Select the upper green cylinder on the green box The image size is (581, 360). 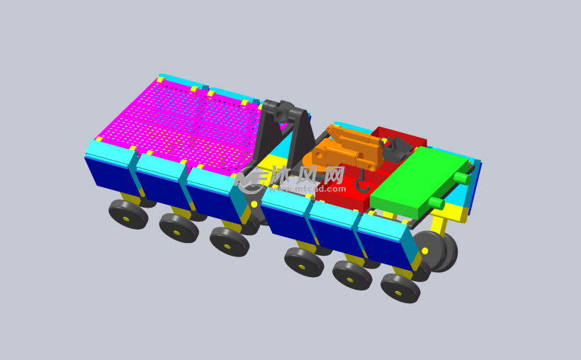pyautogui.click(x=461, y=177)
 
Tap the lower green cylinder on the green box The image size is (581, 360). pyautogui.click(x=436, y=203)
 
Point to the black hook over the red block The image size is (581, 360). pyautogui.click(x=363, y=186)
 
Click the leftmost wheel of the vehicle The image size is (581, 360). pyautogui.click(x=128, y=214)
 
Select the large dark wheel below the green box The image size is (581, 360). pyautogui.click(x=434, y=251)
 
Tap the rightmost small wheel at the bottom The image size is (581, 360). pyautogui.click(x=400, y=288)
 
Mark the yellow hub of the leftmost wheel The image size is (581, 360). pyautogui.click(x=126, y=218)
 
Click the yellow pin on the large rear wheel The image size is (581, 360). pyautogui.click(x=424, y=251)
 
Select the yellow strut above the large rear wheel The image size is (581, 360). pyautogui.click(x=439, y=225)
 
